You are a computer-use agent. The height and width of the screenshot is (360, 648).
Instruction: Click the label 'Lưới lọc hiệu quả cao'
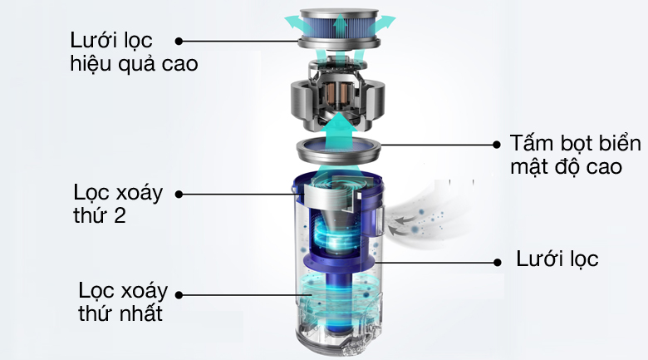(x=134, y=52)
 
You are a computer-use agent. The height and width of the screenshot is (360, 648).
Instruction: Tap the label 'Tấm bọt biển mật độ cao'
(x=575, y=155)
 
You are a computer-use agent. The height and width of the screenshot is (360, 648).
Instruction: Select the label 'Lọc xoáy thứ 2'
(x=118, y=204)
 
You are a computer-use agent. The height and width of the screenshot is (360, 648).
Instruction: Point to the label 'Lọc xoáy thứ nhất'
(x=123, y=302)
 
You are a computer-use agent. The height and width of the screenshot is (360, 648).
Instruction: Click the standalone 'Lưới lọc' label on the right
(x=557, y=259)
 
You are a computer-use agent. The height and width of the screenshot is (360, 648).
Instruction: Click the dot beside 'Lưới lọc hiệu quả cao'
(x=179, y=41)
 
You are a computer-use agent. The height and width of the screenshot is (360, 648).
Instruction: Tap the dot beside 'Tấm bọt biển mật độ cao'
(x=497, y=145)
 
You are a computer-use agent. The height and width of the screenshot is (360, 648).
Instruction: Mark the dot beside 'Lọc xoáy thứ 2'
(x=179, y=194)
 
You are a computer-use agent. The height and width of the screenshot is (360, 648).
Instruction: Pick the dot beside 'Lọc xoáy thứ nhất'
(x=179, y=295)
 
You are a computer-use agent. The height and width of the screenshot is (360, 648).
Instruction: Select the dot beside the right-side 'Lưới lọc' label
(x=498, y=262)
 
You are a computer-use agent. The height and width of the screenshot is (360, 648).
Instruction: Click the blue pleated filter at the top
(x=340, y=26)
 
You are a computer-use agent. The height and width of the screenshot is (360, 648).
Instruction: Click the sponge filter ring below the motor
(x=339, y=151)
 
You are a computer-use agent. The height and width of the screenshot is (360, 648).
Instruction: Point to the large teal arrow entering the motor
(x=340, y=131)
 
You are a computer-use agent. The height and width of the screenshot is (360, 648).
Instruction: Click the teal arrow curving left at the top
(x=297, y=22)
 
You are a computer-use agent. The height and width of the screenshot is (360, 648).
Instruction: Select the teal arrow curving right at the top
(x=383, y=22)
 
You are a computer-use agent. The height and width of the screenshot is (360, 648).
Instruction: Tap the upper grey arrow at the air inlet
(x=405, y=219)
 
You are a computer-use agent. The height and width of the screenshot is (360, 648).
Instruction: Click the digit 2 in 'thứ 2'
(x=120, y=216)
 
